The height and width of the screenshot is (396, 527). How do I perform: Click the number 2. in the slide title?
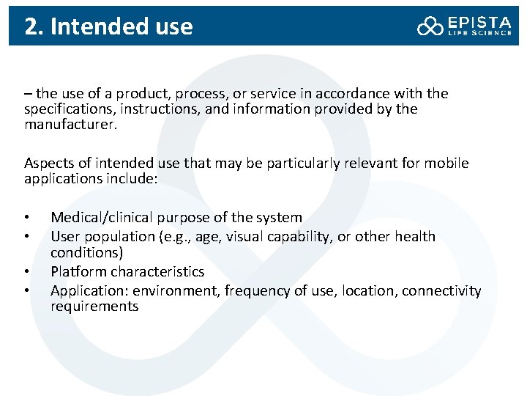[32, 27]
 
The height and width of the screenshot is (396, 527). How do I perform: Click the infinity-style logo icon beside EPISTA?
[430, 27]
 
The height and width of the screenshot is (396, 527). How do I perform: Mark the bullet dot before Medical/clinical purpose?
[26, 218]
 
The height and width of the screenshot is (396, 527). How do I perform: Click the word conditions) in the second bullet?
[86, 252]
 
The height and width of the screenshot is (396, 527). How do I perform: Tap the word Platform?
[78, 271]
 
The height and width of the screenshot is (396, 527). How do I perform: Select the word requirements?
[94, 307]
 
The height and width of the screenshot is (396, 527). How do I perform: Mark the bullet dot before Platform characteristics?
[26, 272]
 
